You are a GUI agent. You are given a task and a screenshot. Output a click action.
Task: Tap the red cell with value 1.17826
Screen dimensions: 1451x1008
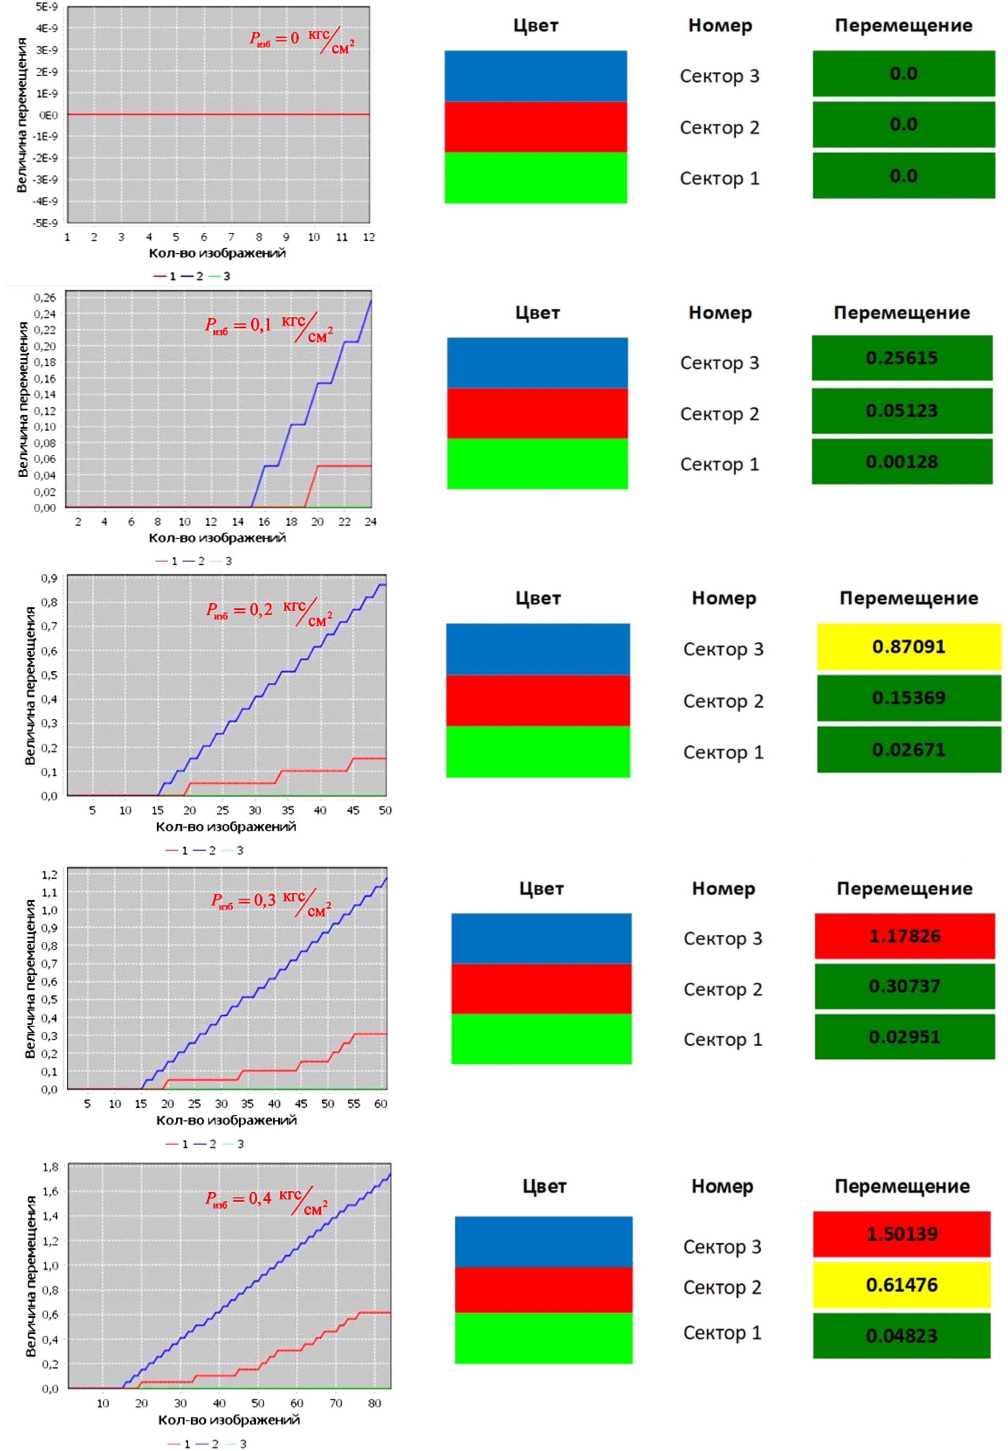(904, 935)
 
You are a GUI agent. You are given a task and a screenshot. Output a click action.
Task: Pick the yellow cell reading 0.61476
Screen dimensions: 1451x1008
(901, 1284)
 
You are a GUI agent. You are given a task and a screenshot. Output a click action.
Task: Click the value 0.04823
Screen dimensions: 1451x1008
(901, 1335)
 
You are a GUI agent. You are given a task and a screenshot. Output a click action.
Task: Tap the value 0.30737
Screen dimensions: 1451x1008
(904, 986)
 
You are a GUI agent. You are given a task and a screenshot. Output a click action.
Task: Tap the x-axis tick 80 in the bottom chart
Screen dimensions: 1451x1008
(375, 1403)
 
